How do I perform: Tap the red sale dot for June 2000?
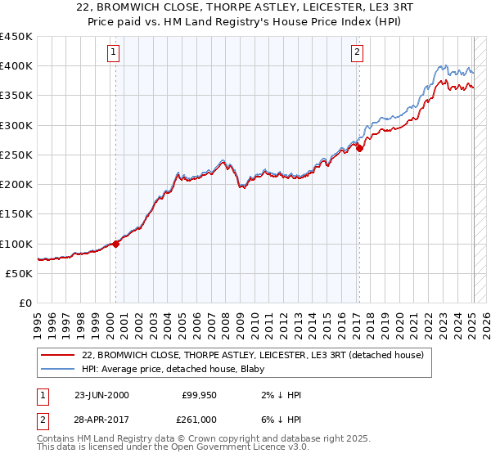115,243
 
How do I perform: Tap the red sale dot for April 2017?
358,148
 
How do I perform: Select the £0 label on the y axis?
25,303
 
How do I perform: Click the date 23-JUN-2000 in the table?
101,394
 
